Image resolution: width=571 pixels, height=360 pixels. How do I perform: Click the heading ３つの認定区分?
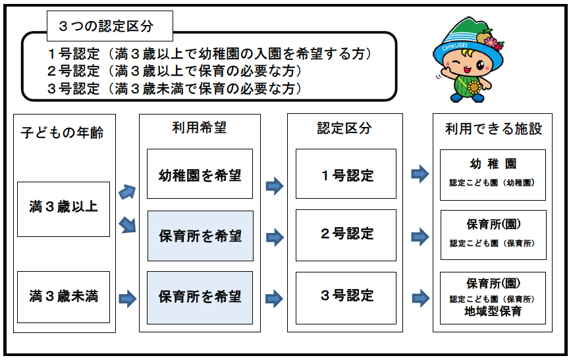click(x=105, y=26)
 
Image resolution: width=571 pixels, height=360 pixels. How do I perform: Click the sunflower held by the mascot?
click(x=473, y=86)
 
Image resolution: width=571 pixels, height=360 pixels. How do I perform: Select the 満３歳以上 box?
click(x=63, y=209)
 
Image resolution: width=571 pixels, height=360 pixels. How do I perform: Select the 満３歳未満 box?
click(x=63, y=296)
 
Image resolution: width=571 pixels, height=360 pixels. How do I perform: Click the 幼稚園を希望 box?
click(x=200, y=174)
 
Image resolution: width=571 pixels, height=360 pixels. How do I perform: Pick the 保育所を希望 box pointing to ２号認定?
click(x=200, y=236)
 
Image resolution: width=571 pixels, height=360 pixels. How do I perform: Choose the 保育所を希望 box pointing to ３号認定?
click(x=200, y=297)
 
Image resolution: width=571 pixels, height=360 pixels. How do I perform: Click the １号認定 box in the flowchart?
click(x=346, y=174)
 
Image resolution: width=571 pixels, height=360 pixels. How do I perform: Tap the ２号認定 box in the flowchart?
click(x=346, y=234)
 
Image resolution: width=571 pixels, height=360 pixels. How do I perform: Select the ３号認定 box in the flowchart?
click(x=346, y=296)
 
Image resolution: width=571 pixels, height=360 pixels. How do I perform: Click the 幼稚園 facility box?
click(x=493, y=174)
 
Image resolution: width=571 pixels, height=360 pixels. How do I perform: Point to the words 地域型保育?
click(x=493, y=311)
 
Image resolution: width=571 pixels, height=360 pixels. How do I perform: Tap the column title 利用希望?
click(x=200, y=128)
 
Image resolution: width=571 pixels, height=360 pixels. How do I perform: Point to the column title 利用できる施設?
click(x=493, y=129)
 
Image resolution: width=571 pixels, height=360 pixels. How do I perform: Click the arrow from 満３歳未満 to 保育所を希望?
click(x=128, y=299)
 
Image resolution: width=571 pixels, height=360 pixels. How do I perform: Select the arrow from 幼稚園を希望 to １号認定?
click(x=275, y=186)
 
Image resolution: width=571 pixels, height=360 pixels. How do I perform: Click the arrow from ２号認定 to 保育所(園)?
click(x=420, y=235)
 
